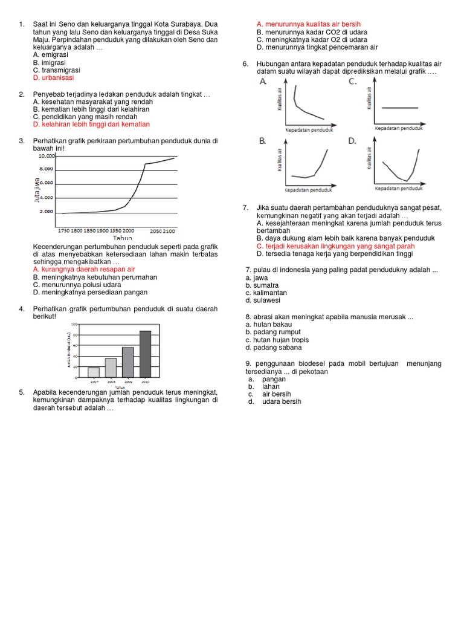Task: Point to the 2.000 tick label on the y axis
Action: coord(47,212)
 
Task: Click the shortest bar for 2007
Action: coord(94,372)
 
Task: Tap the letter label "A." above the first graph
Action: coord(263,81)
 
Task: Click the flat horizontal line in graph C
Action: coord(401,107)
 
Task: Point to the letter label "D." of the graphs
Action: coord(353,141)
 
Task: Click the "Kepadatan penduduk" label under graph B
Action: coord(309,190)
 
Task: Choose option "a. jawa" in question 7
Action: coord(257,277)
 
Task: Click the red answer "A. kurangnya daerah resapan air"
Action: coord(84,269)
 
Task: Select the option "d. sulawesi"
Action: coord(262,300)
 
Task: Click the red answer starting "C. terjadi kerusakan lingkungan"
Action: coord(335,246)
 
